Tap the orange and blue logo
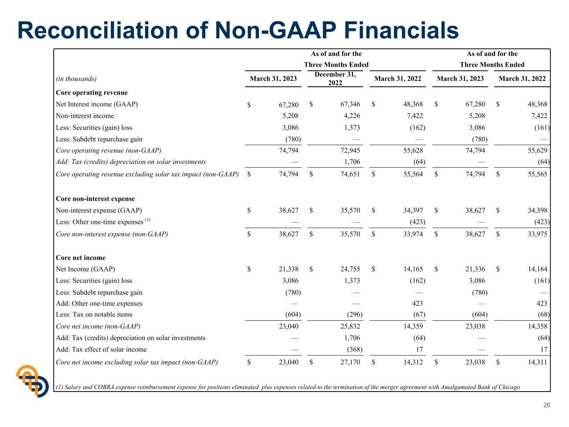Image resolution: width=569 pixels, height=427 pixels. (33, 381)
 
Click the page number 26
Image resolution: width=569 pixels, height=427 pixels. (546, 405)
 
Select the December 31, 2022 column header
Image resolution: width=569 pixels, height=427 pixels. (335, 78)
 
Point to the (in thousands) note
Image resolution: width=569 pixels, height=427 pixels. (76, 78)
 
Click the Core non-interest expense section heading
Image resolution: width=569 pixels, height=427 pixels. (95, 198)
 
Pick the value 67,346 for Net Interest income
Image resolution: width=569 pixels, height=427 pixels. (350, 104)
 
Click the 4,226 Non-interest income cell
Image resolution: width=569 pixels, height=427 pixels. (352, 116)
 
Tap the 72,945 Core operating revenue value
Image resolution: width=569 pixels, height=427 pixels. (350, 151)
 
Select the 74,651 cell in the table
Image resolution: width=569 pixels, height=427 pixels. (350, 174)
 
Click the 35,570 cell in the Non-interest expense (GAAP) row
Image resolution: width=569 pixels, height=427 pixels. (350, 210)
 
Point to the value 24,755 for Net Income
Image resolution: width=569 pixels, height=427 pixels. (350, 269)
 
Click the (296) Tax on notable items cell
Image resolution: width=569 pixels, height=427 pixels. (355, 314)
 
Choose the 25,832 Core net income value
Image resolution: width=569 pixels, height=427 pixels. (350, 326)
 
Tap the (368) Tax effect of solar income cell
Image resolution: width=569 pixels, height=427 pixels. (355, 349)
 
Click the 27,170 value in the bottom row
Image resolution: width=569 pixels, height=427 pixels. (350, 362)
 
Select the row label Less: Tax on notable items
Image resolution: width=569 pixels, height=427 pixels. (94, 314)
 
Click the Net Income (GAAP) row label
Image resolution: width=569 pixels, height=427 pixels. (85, 269)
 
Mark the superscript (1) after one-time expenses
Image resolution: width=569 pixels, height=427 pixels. (148, 220)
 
